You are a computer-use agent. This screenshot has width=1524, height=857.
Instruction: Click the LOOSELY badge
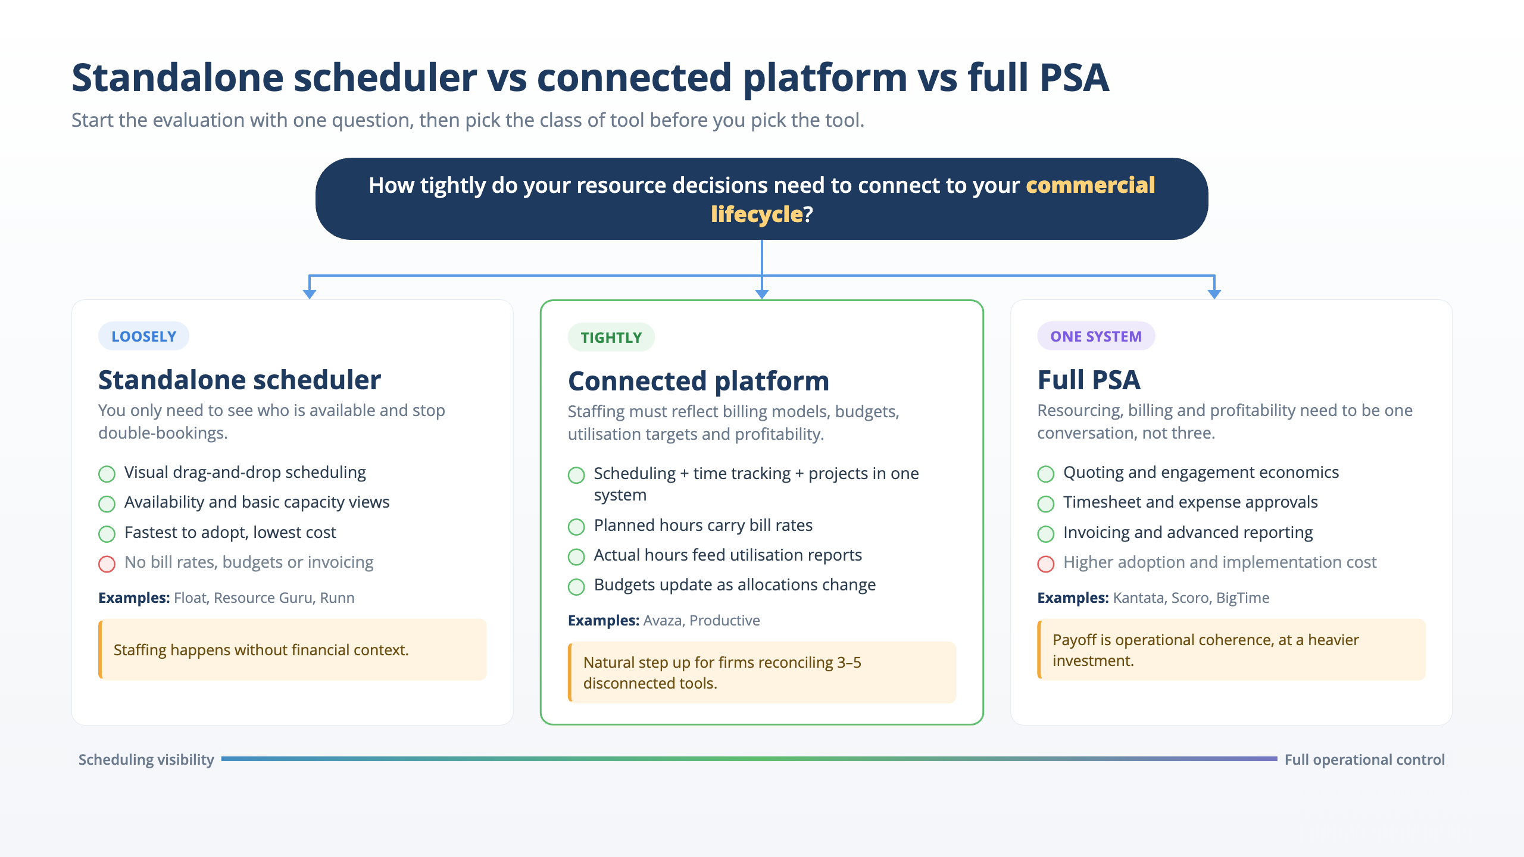[x=143, y=336]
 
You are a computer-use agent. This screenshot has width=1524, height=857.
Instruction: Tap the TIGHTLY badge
[x=611, y=337]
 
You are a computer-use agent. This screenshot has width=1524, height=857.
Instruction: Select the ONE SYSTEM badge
[x=1096, y=336]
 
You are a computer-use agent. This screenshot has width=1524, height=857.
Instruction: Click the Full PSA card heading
[x=1089, y=380]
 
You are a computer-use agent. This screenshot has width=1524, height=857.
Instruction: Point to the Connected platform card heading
[x=698, y=381]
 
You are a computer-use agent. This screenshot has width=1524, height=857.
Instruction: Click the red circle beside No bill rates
[x=107, y=564]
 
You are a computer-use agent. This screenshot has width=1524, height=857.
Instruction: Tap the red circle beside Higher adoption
[x=1046, y=564]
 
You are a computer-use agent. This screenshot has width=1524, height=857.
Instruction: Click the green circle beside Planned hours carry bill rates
[x=576, y=527]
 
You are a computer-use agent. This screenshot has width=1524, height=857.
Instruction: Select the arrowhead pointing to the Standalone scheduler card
[x=310, y=294]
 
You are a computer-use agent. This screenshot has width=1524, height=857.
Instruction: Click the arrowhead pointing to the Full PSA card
[x=1214, y=294]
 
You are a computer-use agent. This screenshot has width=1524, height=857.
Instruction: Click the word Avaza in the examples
[x=663, y=620]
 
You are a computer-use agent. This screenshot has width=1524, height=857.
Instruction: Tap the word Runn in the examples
[x=337, y=598]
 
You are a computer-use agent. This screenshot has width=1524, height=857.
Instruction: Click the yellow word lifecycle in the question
[x=757, y=214]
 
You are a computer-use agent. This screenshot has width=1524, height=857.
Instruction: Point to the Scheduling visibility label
[x=146, y=759]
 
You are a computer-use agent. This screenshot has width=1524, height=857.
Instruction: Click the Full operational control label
[x=1364, y=759]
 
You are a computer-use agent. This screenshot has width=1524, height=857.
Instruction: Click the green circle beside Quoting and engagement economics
[x=1046, y=474]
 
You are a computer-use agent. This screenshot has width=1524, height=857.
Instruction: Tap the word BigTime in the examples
[x=1243, y=598]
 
